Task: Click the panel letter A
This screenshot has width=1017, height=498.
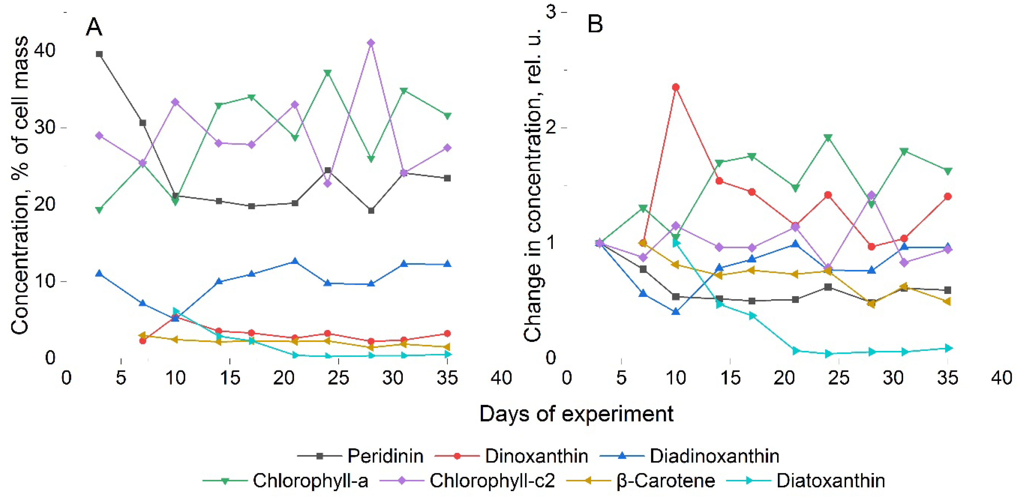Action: pos(94,27)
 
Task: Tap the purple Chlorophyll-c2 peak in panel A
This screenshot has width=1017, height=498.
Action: pos(370,43)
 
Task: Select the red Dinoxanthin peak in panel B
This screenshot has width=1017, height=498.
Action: pos(676,87)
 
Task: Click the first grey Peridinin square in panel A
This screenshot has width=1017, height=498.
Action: pos(100,54)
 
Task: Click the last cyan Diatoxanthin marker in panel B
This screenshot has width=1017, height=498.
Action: pos(947,348)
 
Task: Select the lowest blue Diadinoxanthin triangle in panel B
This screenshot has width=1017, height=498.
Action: pos(676,312)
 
